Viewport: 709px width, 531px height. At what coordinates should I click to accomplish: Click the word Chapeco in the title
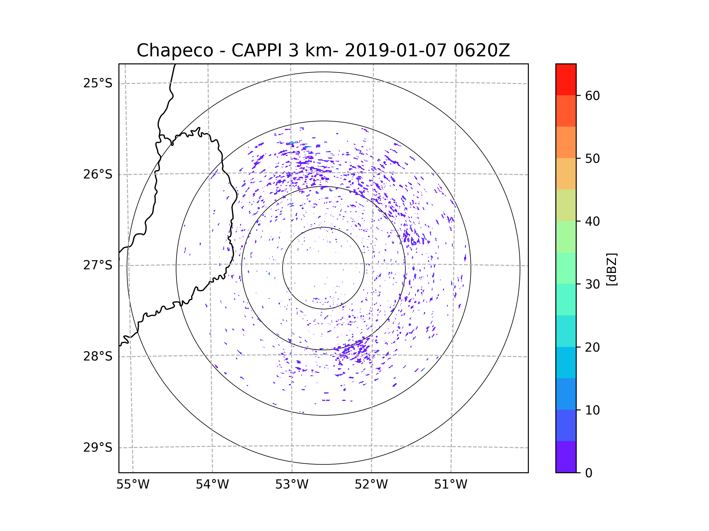click(175, 50)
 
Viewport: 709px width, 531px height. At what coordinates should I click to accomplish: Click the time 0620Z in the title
click(481, 50)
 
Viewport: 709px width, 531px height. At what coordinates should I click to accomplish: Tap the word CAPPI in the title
click(256, 50)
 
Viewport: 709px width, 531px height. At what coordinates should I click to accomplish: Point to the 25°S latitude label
click(98, 83)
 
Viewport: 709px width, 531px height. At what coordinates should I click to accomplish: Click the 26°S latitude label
click(98, 174)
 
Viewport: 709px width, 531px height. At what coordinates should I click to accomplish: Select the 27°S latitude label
click(98, 265)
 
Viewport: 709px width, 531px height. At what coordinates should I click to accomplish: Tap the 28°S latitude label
click(98, 356)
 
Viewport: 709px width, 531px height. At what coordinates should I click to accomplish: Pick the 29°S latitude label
click(98, 448)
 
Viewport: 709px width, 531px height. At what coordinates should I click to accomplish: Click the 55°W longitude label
click(133, 485)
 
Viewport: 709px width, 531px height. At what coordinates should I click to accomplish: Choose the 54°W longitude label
click(212, 485)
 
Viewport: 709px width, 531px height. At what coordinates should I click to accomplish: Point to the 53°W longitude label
click(292, 485)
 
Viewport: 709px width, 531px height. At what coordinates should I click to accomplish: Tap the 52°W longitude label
click(371, 485)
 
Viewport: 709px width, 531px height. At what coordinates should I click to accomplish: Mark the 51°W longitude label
click(451, 485)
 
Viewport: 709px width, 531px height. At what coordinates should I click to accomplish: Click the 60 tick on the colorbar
click(592, 96)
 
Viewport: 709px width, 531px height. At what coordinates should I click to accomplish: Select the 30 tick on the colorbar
click(592, 284)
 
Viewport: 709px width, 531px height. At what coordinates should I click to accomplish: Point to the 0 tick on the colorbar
click(589, 473)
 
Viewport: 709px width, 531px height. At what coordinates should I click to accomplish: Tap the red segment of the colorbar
click(566, 79)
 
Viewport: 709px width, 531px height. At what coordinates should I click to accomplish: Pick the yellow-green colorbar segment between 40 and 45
click(566, 205)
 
